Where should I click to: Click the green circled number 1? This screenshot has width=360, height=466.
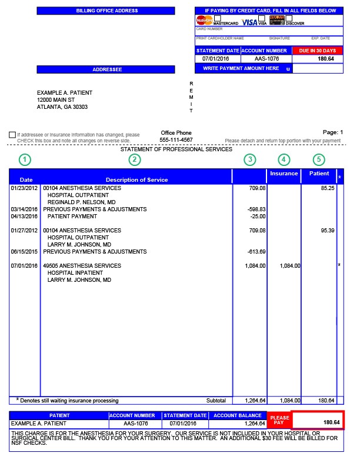pos(24,159)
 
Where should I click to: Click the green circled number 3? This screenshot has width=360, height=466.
pos(251,159)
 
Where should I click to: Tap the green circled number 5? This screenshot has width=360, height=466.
pos(318,159)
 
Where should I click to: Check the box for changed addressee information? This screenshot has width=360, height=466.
pos(12,135)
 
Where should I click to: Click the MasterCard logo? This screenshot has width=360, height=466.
pos(204,20)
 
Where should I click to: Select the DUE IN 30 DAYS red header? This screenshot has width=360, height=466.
pos(317,51)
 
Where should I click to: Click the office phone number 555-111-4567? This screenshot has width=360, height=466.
pos(176,140)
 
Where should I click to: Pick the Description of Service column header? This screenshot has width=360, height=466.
pos(136,179)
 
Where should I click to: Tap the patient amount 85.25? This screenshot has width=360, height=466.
pos(327,188)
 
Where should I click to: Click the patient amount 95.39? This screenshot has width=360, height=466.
pos(327,231)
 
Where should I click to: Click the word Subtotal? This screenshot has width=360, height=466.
pos(216,401)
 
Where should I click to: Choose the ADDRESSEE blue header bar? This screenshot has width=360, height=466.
pos(106,69)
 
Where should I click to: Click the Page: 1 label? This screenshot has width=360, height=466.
pos(332,132)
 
